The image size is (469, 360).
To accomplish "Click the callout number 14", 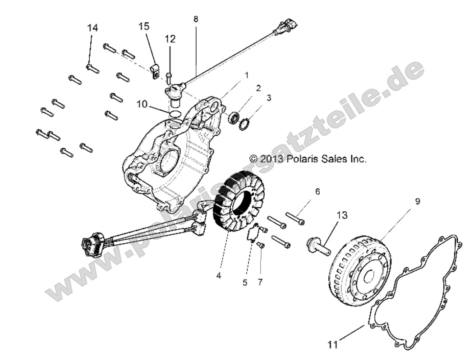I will pos(92,28).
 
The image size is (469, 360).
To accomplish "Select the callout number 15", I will pos(144,27).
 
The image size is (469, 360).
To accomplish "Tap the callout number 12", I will pos(170,39).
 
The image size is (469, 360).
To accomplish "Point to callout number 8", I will pos(195,19).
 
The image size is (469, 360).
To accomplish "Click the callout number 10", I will pos(142,104).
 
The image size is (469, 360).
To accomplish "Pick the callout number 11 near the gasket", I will pos(333,345).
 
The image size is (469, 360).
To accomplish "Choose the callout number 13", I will pos(342,215).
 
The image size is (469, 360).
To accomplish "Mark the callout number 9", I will pos(417,189).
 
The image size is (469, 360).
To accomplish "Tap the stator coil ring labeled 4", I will pos(239,203).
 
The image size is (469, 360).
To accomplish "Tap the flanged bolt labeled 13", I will pos(319,247).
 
